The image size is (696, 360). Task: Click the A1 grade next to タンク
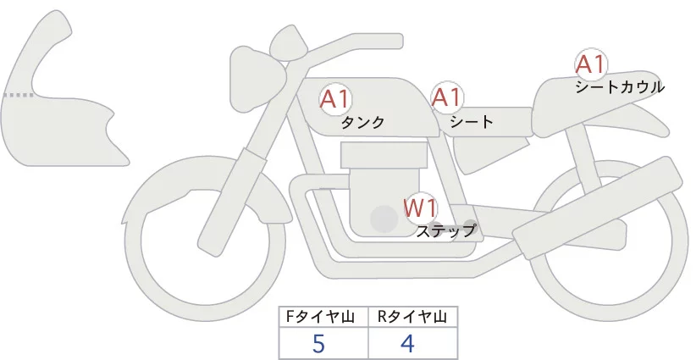click(x=335, y=99)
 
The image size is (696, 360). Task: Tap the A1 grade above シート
click(x=446, y=97)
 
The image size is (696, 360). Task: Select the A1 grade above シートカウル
click(x=591, y=64)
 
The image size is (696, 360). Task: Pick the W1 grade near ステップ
click(x=420, y=207)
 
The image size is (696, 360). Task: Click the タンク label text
click(x=362, y=123)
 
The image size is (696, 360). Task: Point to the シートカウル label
click(x=619, y=86)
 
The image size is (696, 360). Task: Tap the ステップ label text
click(x=446, y=230)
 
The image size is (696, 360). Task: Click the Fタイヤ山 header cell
click(x=323, y=317)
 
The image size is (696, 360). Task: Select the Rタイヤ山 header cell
click(x=412, y=317)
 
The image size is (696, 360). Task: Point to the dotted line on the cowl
click(x=19, y=95)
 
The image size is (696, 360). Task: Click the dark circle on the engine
click(x=384, y=220)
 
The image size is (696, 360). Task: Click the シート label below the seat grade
click(x=472, y=121)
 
